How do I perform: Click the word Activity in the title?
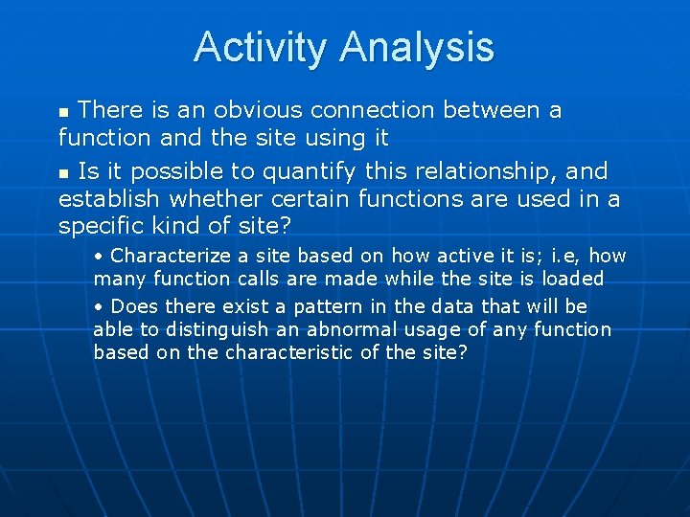262,47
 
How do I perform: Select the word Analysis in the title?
417,47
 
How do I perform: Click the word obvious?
261,110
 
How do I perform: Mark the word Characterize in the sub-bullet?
170,256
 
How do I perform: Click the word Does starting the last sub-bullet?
135,306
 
